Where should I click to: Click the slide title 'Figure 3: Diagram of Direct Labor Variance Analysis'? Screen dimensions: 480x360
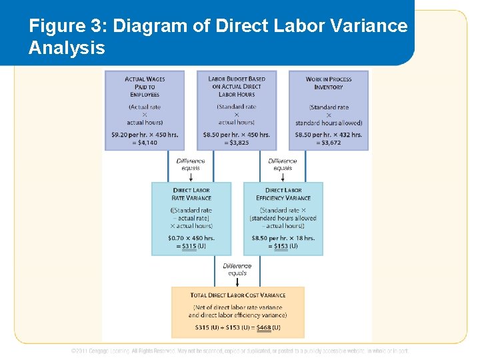[217, 37]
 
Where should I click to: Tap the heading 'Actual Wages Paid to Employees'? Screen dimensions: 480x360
[144, 87]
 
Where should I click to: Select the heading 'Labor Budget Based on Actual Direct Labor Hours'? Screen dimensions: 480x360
[237, 87]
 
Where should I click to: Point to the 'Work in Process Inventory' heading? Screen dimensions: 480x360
[328, 83]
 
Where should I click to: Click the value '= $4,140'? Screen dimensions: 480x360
[145, 143]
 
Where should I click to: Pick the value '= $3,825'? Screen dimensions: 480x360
[237, 143]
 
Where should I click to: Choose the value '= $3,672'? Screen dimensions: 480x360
[329, 143]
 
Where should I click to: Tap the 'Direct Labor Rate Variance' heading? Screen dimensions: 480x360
[191, 194]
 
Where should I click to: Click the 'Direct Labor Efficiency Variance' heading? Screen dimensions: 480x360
[283, 194]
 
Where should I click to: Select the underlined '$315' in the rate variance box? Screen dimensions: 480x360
[190, 246]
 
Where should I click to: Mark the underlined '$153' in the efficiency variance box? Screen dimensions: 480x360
[282, 246]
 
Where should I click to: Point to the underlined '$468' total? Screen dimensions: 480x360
[264, 327]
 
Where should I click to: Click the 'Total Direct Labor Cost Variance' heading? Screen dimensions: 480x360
[238, 295]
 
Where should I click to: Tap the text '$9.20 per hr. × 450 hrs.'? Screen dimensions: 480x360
[145, 134]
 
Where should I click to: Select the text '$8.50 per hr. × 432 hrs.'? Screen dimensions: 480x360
[329, 134]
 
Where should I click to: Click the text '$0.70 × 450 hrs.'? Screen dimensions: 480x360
[191, 237]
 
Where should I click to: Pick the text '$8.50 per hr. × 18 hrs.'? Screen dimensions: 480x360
[283, 237]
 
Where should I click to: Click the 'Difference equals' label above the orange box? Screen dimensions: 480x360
[237, 269]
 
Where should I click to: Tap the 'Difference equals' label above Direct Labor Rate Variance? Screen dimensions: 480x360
[191, 164]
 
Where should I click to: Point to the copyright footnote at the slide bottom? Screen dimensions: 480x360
[240, 351]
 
